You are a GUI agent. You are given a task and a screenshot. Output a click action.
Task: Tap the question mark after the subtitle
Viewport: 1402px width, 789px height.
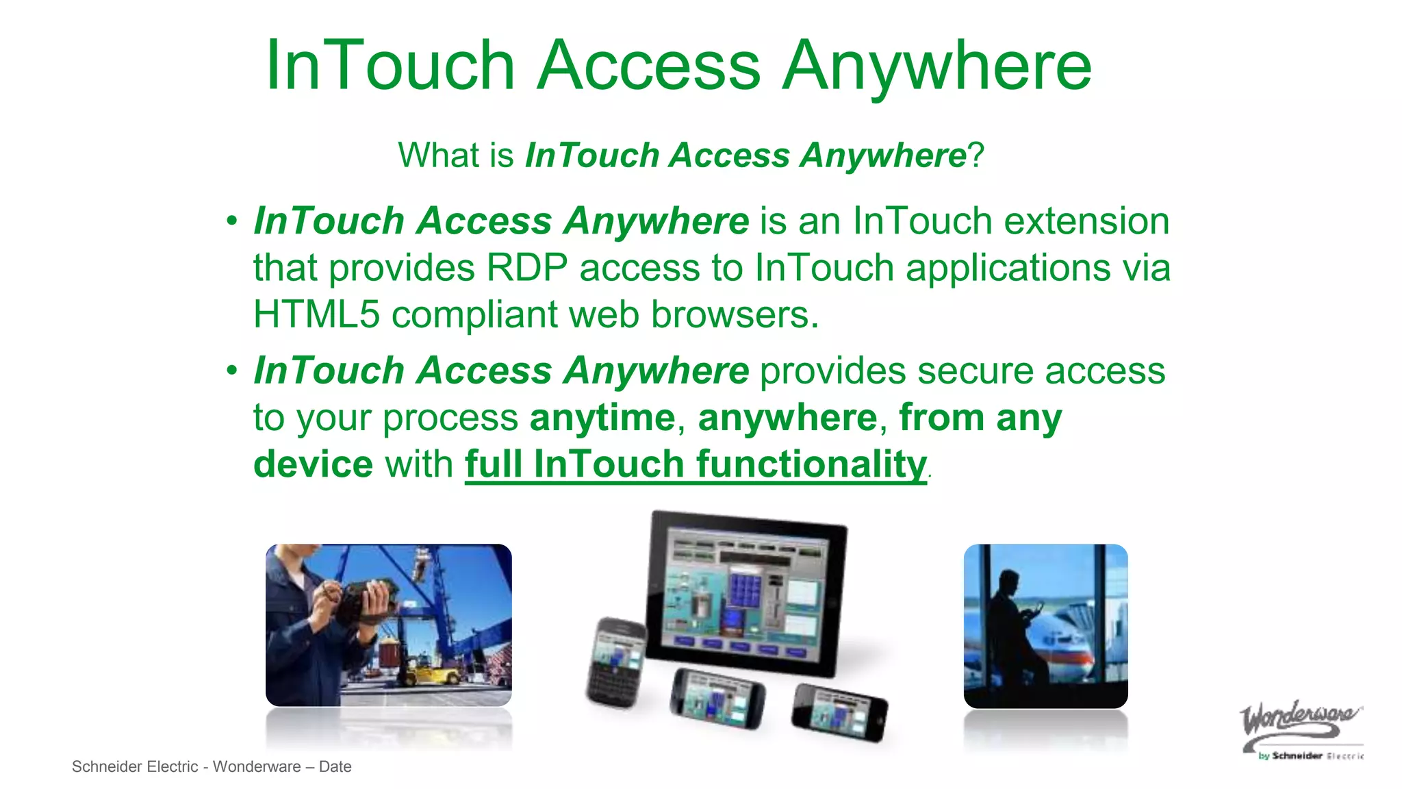(976, 155)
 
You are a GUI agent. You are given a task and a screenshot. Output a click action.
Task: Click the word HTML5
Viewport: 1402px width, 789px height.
(316, 314)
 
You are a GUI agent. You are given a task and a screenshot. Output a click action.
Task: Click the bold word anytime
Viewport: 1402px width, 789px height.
(602, 418)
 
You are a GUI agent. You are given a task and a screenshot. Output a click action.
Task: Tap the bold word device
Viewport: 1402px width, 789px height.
(313, 464)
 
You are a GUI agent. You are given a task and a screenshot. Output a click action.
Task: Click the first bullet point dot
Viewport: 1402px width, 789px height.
(232, 221)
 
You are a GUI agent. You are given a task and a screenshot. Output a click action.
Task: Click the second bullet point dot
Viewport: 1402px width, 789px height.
(232, 371)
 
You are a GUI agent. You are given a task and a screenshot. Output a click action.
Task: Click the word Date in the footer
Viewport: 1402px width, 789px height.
(335, 767)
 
